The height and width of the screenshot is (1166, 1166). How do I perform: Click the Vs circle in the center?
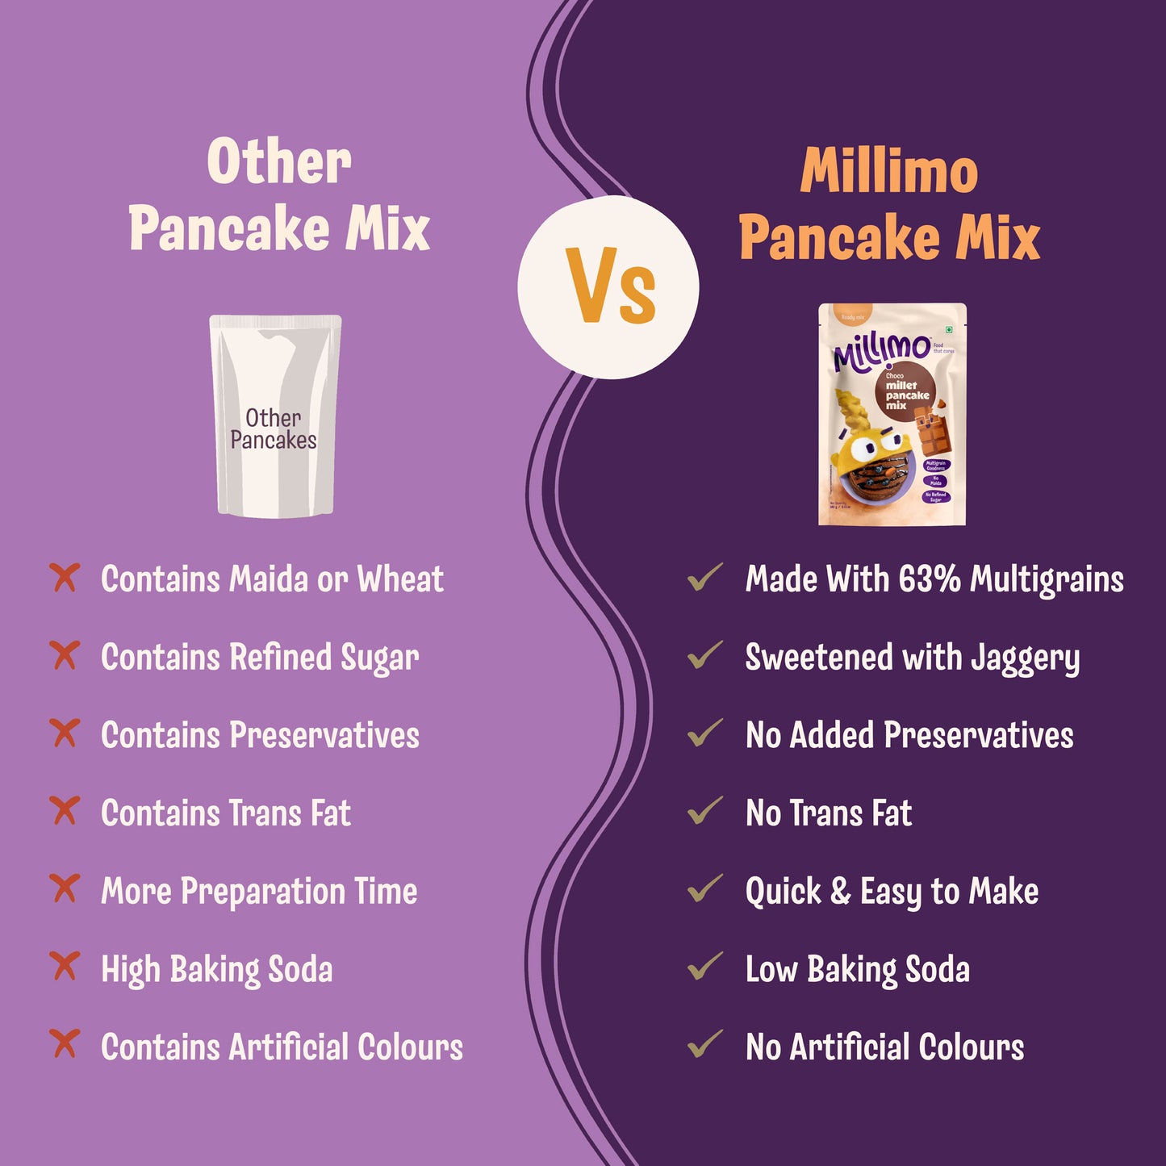point(608,286)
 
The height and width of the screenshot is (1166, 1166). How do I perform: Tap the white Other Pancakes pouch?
point(274,416)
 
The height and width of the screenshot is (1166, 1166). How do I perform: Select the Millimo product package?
point(892,414)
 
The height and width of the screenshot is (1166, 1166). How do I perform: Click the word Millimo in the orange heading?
point(888,171)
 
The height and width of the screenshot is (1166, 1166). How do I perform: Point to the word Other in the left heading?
point(279,161)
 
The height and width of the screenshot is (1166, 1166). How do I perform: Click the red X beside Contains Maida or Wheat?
point(65,578)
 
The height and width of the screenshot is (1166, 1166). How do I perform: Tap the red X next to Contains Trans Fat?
point(65,811)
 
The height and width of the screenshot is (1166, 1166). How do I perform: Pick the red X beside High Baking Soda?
point(65,966)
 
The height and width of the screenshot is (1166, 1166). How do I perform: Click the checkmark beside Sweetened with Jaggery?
point(704,655)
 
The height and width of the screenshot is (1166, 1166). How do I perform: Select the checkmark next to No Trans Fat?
point(704,810)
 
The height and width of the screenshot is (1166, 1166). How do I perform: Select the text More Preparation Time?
point(259,892)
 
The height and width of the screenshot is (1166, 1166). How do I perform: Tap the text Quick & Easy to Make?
point(892,892)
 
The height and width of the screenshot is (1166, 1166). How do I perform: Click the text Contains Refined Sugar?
point(260,658)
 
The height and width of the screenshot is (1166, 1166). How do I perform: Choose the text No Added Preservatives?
point(909,735)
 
